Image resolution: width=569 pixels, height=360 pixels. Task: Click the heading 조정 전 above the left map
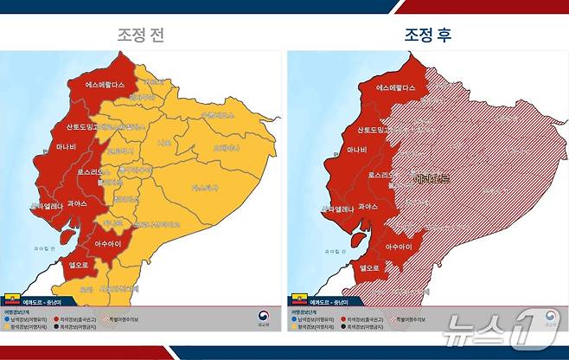(x=142, y=35)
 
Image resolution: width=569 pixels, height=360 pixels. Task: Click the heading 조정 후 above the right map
(x=427, y=35)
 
